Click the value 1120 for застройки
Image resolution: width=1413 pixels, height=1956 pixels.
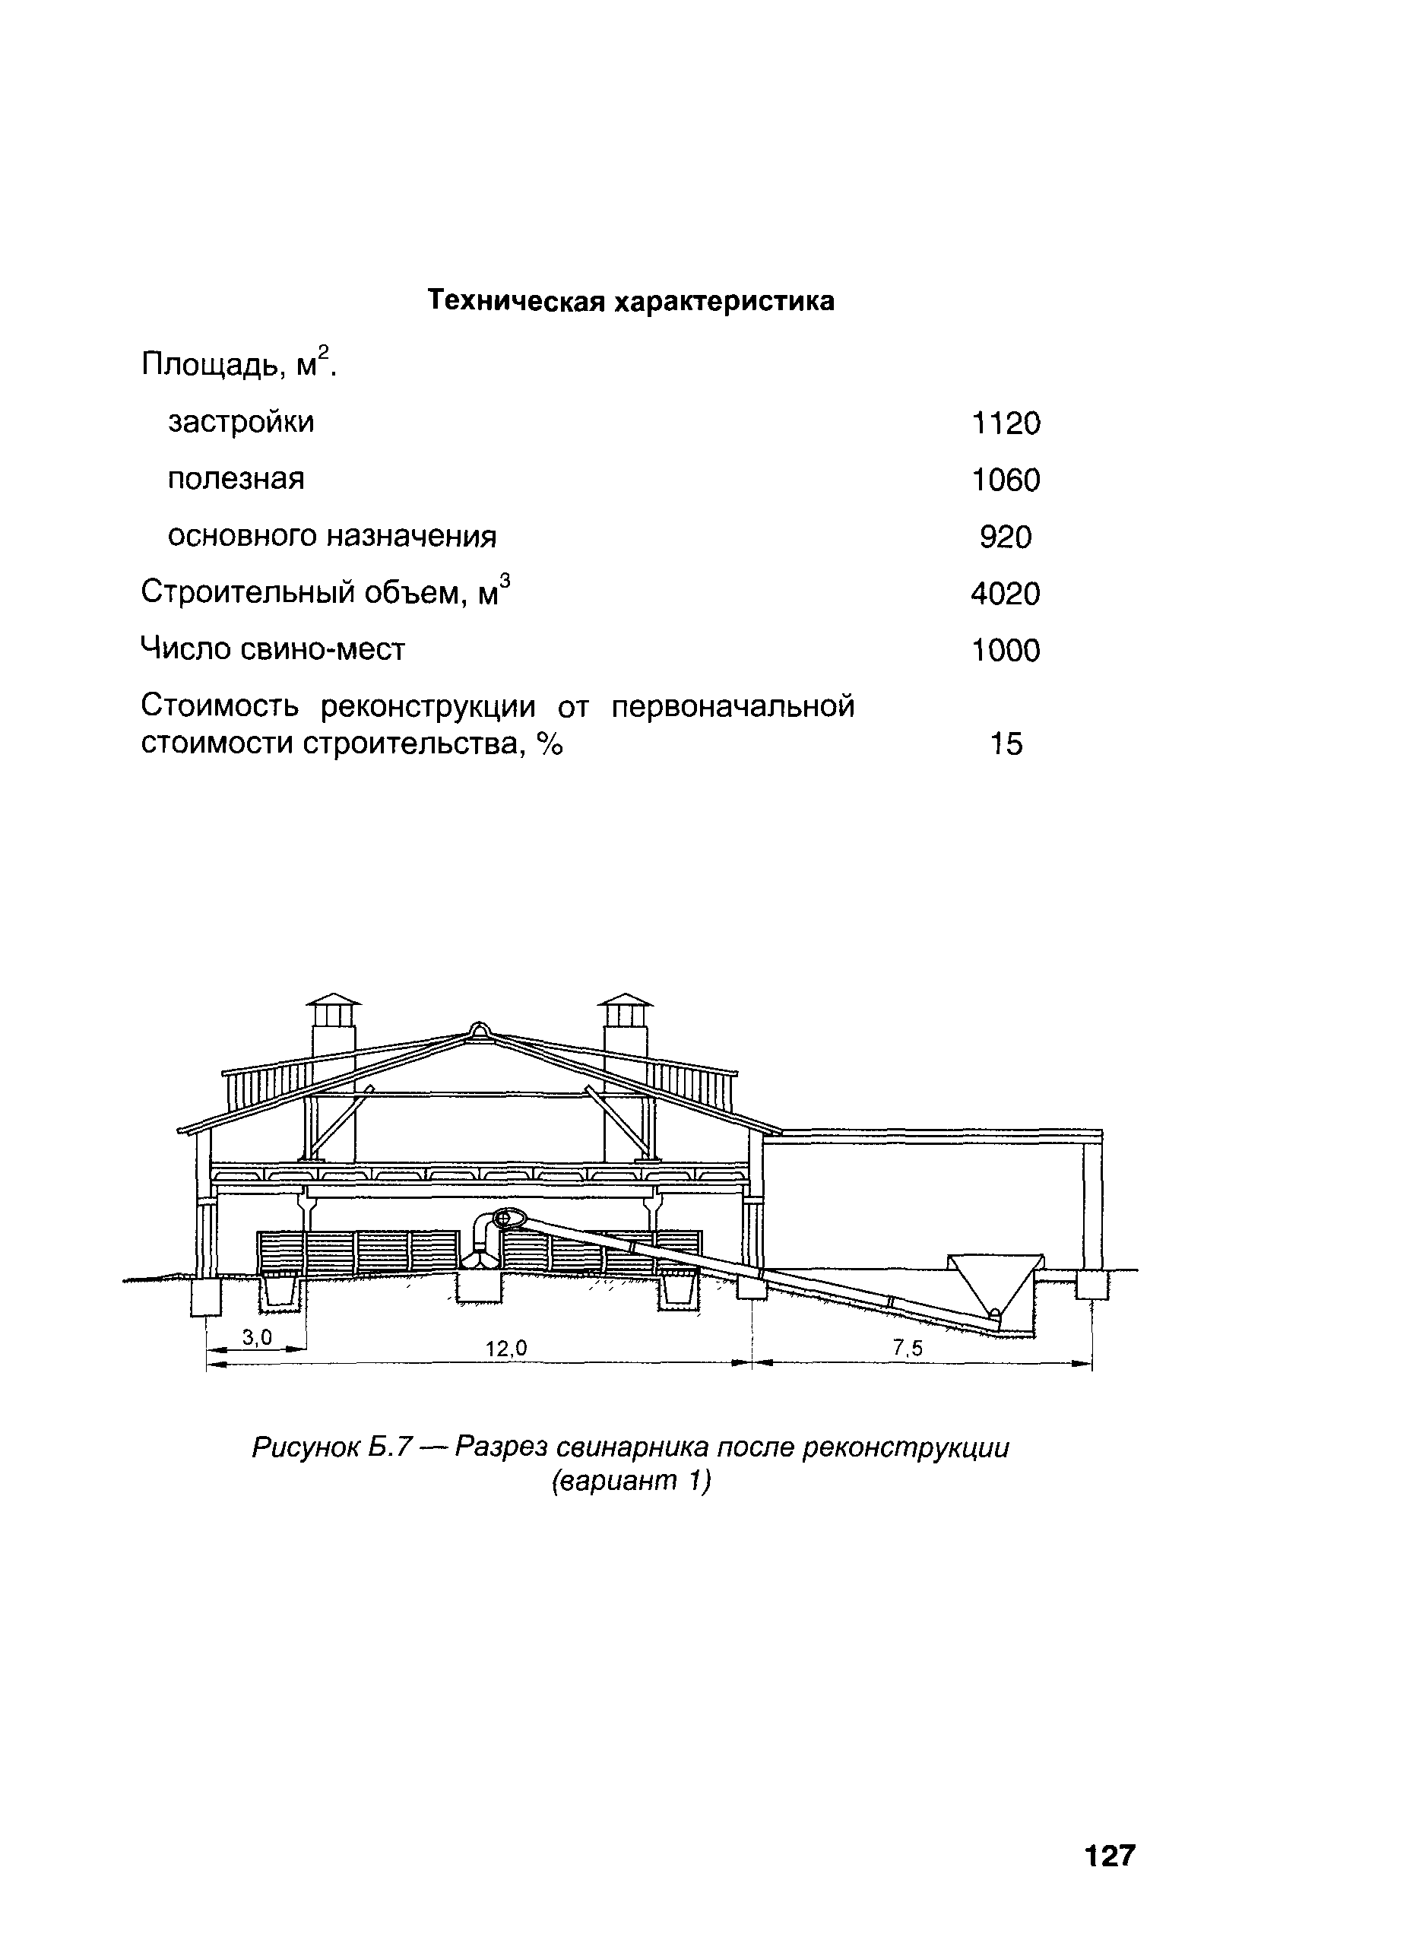click(x=1006, y=423)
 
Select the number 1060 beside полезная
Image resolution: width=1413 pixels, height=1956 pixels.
click(x=1006, y=480)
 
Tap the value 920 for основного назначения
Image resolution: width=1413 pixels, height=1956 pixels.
click(x=1006, y=537)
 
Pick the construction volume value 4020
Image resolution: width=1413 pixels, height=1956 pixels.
click(x=1006, y=594)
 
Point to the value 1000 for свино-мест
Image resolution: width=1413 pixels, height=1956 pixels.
click(x=1006, y=650)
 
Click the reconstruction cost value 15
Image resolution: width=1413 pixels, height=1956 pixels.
click(x=1006, y=743)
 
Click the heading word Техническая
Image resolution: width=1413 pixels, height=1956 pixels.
click(x=515, y=300)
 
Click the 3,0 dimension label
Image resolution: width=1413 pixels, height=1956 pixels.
click(x=257, y=1336)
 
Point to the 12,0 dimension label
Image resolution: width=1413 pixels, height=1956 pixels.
click(x=506, y=1348)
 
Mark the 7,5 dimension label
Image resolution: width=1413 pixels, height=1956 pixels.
click(x=907, y=1348)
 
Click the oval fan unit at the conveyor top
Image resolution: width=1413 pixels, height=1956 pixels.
click(x=508, y=1219)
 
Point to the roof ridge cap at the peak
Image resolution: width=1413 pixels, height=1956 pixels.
click(x=477, y=1031)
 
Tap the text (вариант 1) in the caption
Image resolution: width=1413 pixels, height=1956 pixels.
click(x=630, y=1482)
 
